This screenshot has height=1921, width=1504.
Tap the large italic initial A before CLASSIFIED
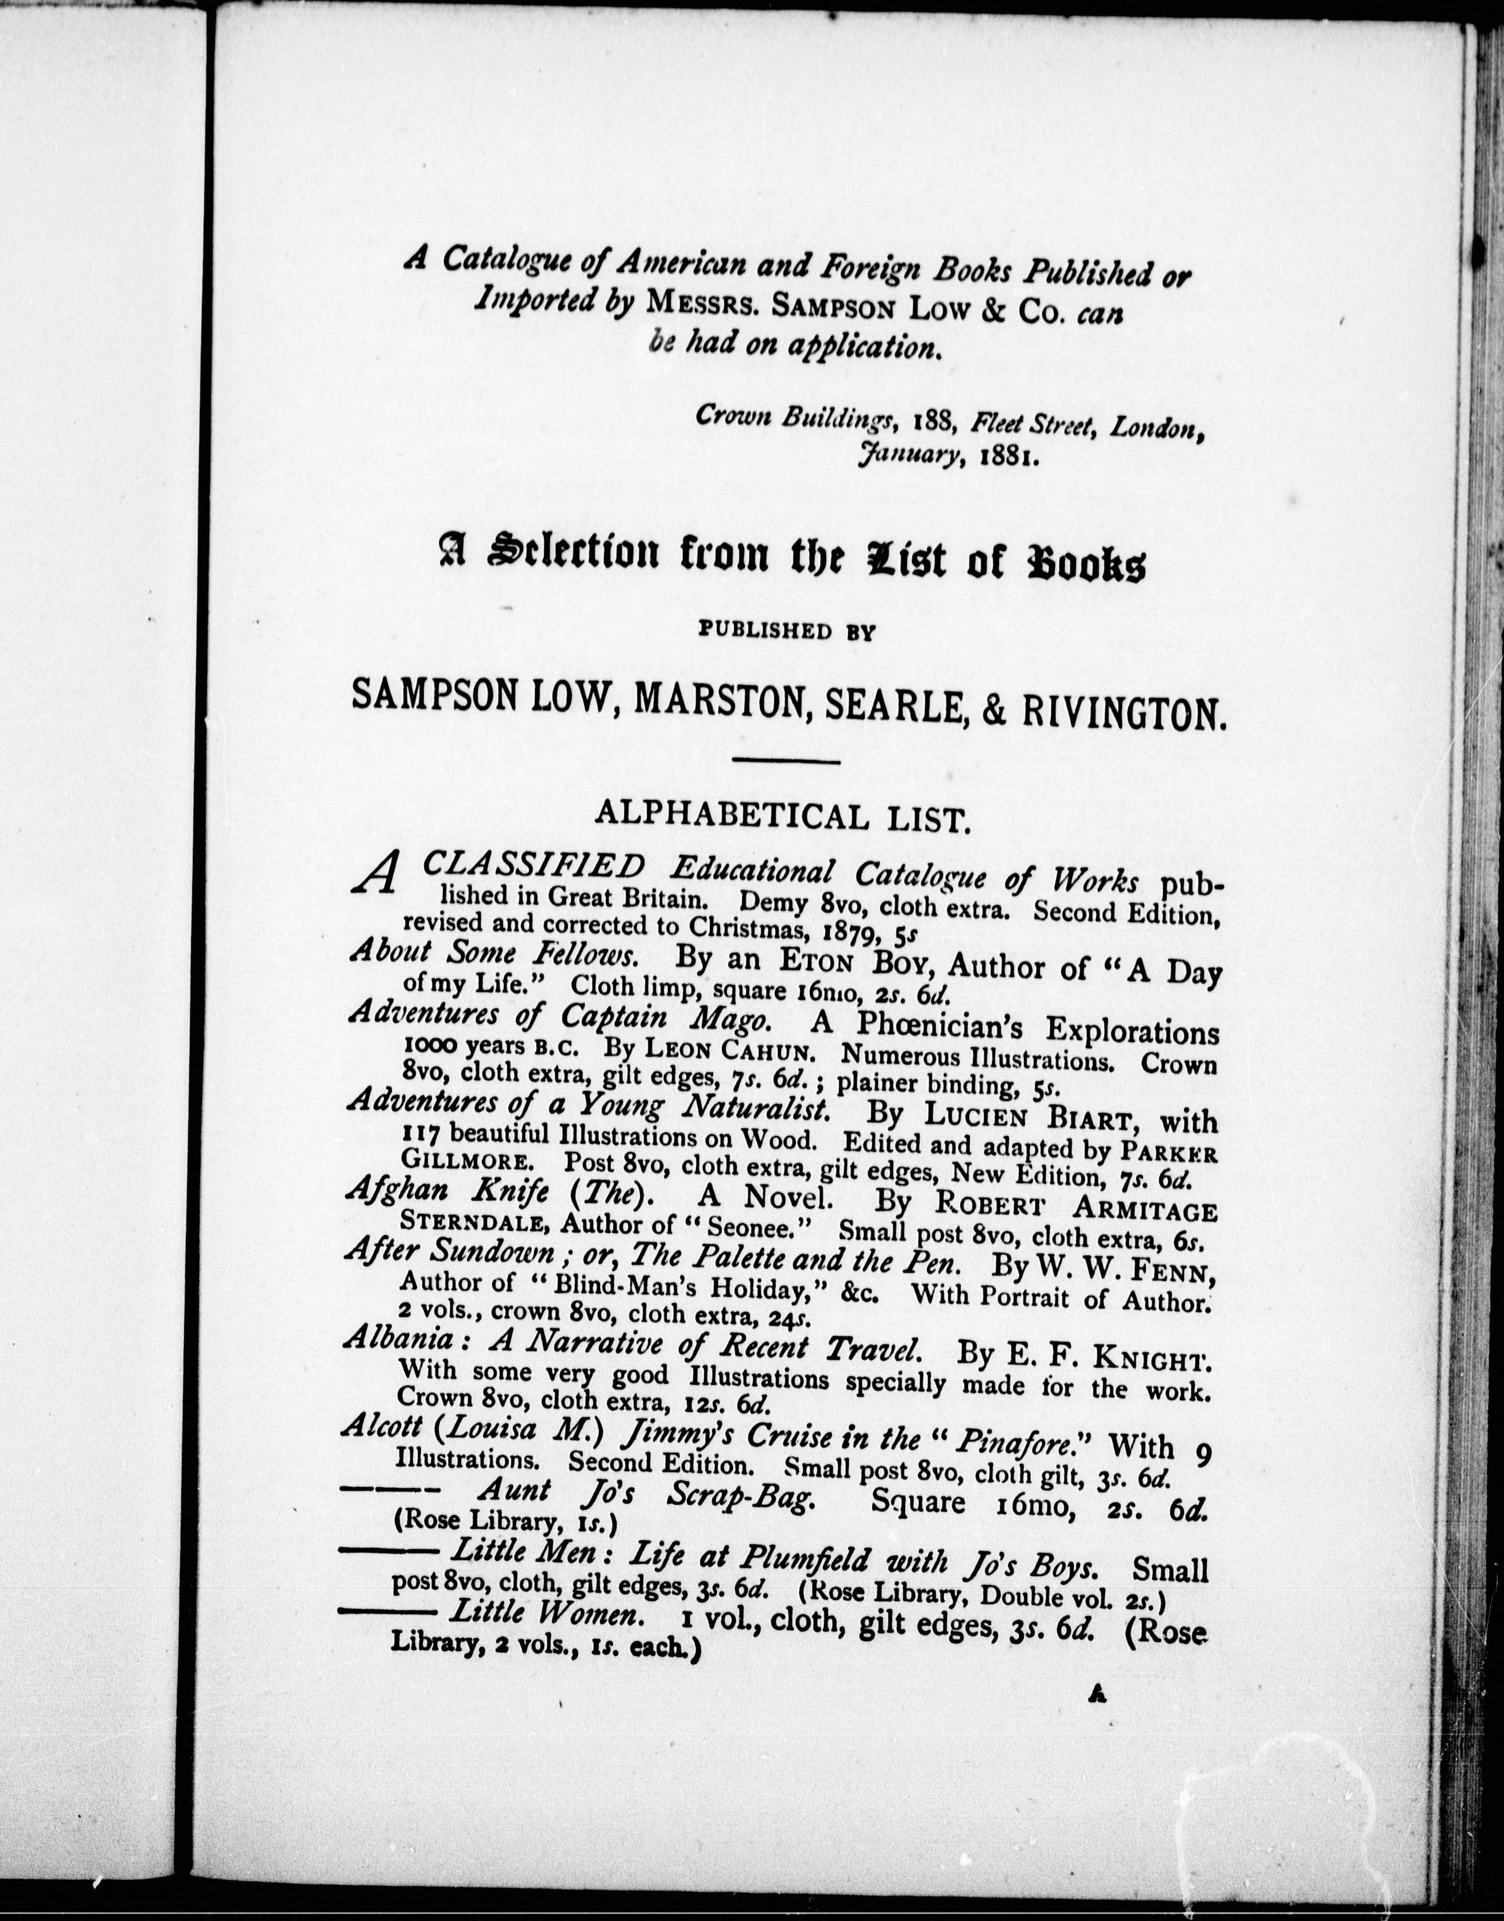pos(374,875)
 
